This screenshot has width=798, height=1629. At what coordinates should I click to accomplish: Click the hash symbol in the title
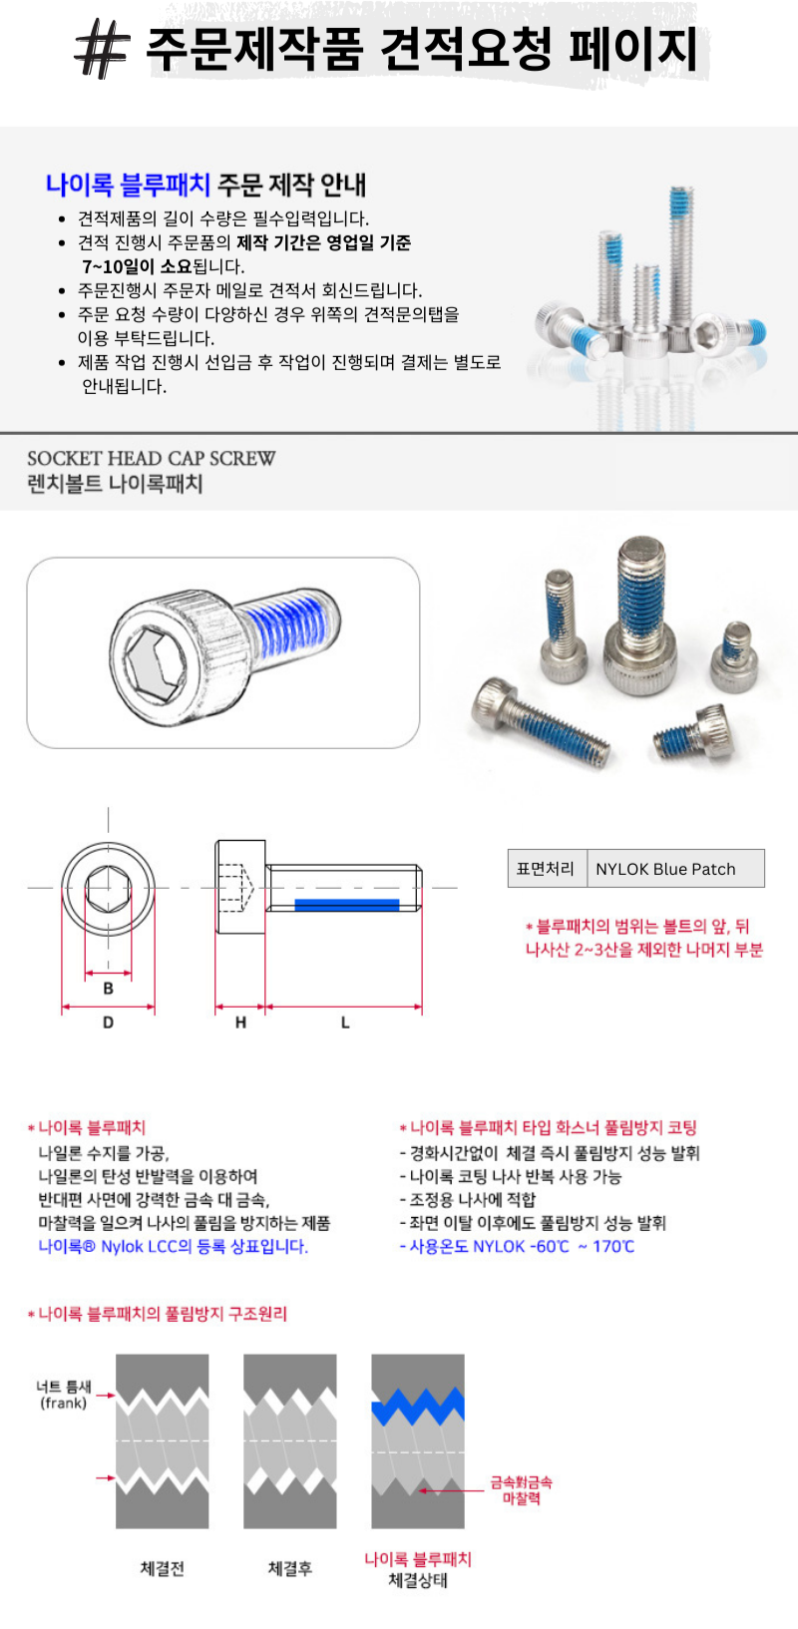coord(103,49)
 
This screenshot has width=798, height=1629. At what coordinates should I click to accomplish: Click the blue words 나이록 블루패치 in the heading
coord(128,184)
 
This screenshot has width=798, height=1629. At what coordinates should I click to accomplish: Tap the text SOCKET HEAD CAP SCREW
coord(152,458)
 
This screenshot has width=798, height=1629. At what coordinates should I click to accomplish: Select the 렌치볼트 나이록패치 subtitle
coord(115,484)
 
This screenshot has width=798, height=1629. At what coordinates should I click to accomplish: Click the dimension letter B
coord(109,989)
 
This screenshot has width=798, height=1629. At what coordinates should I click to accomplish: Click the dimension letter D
coord(109,1022)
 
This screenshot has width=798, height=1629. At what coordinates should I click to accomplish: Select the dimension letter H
coord(240,1022)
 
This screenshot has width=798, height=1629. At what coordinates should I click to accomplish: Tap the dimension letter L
coord(345,1022)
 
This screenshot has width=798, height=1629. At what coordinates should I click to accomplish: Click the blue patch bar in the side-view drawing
coord(347,905)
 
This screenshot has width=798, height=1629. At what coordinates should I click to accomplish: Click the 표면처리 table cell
coord(547,868)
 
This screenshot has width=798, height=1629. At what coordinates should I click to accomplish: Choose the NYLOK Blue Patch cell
coord(675,868)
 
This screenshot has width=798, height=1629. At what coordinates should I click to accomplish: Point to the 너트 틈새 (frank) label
coord(63,1395)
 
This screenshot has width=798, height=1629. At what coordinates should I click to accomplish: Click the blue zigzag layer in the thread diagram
coord(418,1407)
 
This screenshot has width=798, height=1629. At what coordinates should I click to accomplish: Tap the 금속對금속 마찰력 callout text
coord(521,1490)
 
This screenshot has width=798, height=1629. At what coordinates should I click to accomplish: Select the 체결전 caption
coord(163,1568)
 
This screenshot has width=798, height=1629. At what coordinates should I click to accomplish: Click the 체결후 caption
coord(290,1568)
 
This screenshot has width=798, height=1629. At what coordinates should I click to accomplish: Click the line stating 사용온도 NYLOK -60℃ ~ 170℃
coord(518,1247)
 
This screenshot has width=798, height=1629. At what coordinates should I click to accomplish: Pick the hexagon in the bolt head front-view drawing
coord(109,889)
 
